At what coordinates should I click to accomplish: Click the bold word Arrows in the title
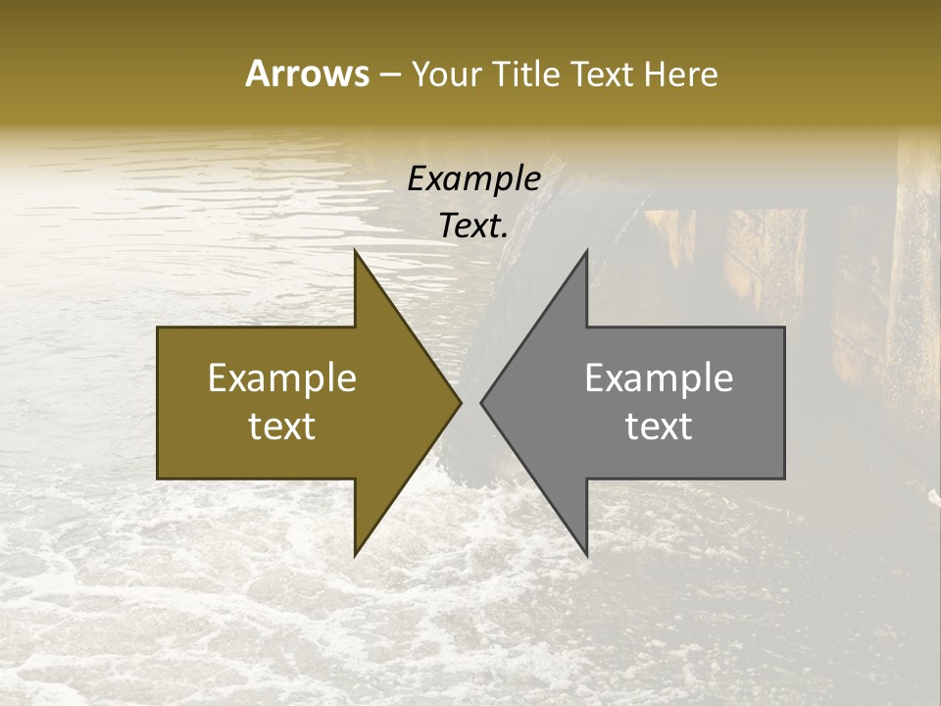307,74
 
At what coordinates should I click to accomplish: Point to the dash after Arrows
389,76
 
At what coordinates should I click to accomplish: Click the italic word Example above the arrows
473,179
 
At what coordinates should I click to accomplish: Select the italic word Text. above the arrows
473,227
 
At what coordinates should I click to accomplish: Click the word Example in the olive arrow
281,378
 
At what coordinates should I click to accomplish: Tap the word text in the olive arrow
281,426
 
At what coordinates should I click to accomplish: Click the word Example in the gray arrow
659,378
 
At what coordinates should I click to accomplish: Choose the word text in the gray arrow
659,426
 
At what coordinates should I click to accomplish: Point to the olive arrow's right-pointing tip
461,403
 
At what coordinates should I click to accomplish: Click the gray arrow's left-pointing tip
480,403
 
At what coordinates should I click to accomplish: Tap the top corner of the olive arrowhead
355,251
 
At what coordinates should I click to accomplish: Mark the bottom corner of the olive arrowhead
355,555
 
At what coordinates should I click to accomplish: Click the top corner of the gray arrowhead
586,251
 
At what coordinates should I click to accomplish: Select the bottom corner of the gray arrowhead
586,555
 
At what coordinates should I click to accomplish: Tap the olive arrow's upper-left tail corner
158,328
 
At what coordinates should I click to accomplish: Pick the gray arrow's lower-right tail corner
784,479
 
